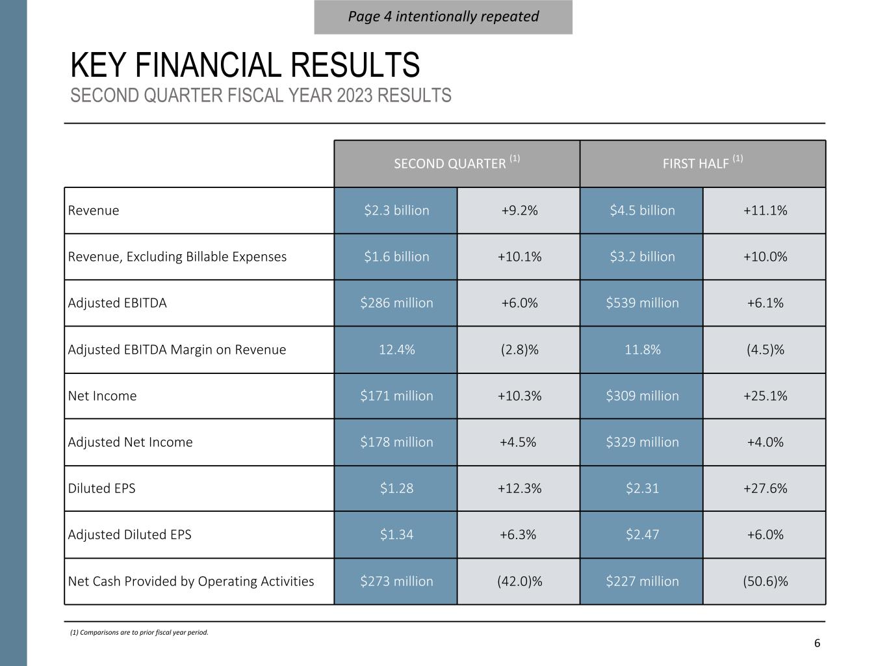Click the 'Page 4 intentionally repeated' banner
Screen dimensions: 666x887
click(x=443, y=16)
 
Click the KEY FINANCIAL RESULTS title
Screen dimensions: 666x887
click(x=245, y=65)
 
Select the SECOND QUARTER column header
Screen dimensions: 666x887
click(x=456, y=163)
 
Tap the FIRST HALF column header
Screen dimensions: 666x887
click(x=702, y=163)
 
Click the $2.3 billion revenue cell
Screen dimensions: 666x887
click(x=396, y=210)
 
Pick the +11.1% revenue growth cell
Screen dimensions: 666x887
click(x=765, y=210)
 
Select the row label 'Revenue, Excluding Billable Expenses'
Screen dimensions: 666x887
click(x=177, y=256)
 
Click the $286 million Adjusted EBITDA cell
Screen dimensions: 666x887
click(x=396, y=302)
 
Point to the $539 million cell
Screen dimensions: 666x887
click(x=642, y=302)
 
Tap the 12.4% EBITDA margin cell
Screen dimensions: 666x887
click(x=396, y=349)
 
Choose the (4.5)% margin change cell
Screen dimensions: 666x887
click(x=765, y=349)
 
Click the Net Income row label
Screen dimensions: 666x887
click(x=102, y=395)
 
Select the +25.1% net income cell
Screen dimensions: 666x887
click(x=765, y=395)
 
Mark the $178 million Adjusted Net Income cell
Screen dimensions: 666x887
click(x=396, y=442)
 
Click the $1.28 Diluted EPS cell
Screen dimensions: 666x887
click(x=396, y=488)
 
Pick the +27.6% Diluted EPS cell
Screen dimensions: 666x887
click(x=765, y=488)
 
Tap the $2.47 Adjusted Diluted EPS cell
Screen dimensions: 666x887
click(x=642, y=535)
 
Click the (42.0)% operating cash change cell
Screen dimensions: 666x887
click(x=519, y=581)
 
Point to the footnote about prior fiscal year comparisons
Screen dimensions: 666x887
click(x=139, y=632)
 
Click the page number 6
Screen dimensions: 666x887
click(x=817, y=643)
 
